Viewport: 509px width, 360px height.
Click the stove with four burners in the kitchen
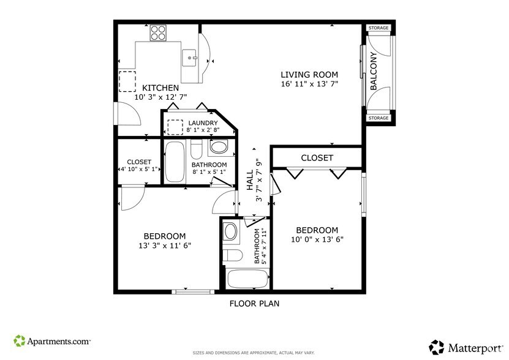(x=159, y=32)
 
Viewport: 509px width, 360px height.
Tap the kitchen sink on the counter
(x=190, y=59)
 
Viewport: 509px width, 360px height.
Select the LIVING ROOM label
(x=309, y=75)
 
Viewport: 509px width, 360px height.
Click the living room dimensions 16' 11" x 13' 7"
(x=309, y=84)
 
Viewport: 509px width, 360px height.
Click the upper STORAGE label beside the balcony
(x=379, y=28)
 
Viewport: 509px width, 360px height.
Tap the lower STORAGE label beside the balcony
(x=379, y=118)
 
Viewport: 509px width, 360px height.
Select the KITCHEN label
(x=160, y=88)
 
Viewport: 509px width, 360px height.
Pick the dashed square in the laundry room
(x=175, y=127)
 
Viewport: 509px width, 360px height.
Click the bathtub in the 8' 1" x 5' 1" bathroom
(x=175, y=162)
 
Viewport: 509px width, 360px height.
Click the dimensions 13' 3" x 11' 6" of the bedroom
(x=165, y=246)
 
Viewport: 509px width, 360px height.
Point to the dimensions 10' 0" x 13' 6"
(x=317, y=240)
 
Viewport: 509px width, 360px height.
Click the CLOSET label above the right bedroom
(x=317, y=158)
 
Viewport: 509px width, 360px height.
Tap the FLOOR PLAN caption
(x=255, y=304)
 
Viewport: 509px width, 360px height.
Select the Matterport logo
(x=466, y=347)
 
